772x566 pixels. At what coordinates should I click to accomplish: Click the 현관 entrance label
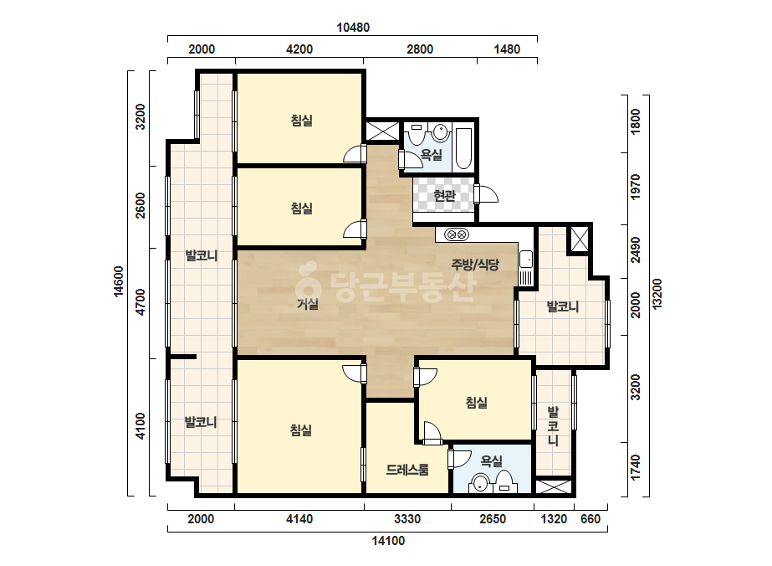pyautogui.click(x=444, y=196)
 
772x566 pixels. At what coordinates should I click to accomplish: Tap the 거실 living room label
pyautogui.click(x=308, y=304)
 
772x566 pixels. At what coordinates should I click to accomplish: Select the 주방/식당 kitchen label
pyautogui.click(x=475, y=265)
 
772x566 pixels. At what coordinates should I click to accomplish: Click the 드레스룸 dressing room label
pyautogui.click(x=407, y=470)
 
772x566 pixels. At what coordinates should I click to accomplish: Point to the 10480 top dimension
pyautogui.click(x=353, y=28)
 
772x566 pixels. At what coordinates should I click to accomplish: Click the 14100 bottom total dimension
pyautogui.click(x=388, y=541)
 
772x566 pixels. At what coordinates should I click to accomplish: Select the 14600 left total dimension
pyautogui.click(x=119, y=281)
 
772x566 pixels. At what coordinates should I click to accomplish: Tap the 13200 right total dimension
pyautogui.click(x=657, y=294)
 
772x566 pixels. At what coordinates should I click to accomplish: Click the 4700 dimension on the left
pyautogui.click(x=141, y=302)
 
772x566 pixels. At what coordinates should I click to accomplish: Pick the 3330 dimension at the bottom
pyautogui.click(x=407, y=519)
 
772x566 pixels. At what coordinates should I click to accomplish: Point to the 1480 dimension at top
pyautogui.click(x=507, y=49)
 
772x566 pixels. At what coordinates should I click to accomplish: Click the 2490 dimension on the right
pyautogui.click(x=636, y=250)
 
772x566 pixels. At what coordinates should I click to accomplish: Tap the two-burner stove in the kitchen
pyautogui.click(x=456, y=234)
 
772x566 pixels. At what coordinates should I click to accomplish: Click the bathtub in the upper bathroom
pyautogui.click(x=464, y=149)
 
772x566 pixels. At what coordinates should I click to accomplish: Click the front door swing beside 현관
pyautogui.click(x=487, y=194)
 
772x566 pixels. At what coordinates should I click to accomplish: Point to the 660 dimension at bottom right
pyautogui.click(x=591, y=519)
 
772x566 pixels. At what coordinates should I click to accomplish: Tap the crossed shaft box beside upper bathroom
pyautogui.click(x=382, y=131)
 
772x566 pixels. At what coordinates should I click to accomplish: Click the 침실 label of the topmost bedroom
pyautogui.click(x=302, y=121)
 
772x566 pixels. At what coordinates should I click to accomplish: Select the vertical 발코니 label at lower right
pyautogui.click(x=554, y=426)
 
